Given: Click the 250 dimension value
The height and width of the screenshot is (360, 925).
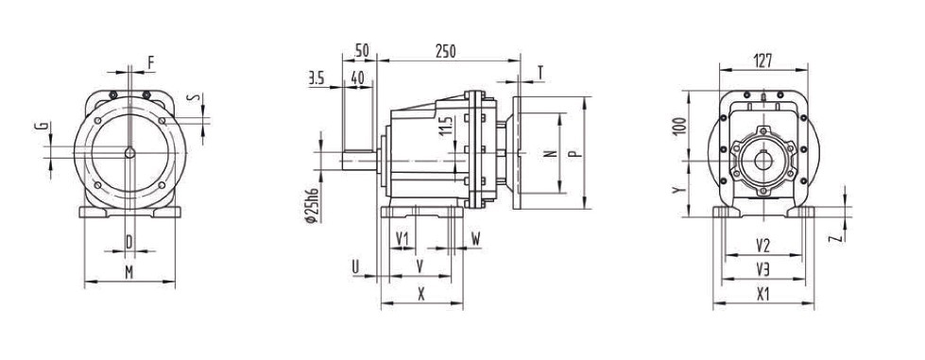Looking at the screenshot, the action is click(x=445, y=52).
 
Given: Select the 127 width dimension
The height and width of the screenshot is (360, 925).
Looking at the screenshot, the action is click(x=762, y=60).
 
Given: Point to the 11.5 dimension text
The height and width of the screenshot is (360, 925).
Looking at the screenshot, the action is click(x=448, y=126).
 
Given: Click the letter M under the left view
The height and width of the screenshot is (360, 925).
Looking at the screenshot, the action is click(x=129, y=272).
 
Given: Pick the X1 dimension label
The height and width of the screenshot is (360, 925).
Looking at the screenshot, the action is click(x=763, y=294).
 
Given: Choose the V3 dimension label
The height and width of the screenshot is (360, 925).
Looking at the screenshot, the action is click(x=763, y=269).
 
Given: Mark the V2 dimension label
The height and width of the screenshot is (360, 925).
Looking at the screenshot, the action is click(x=763, y=245).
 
